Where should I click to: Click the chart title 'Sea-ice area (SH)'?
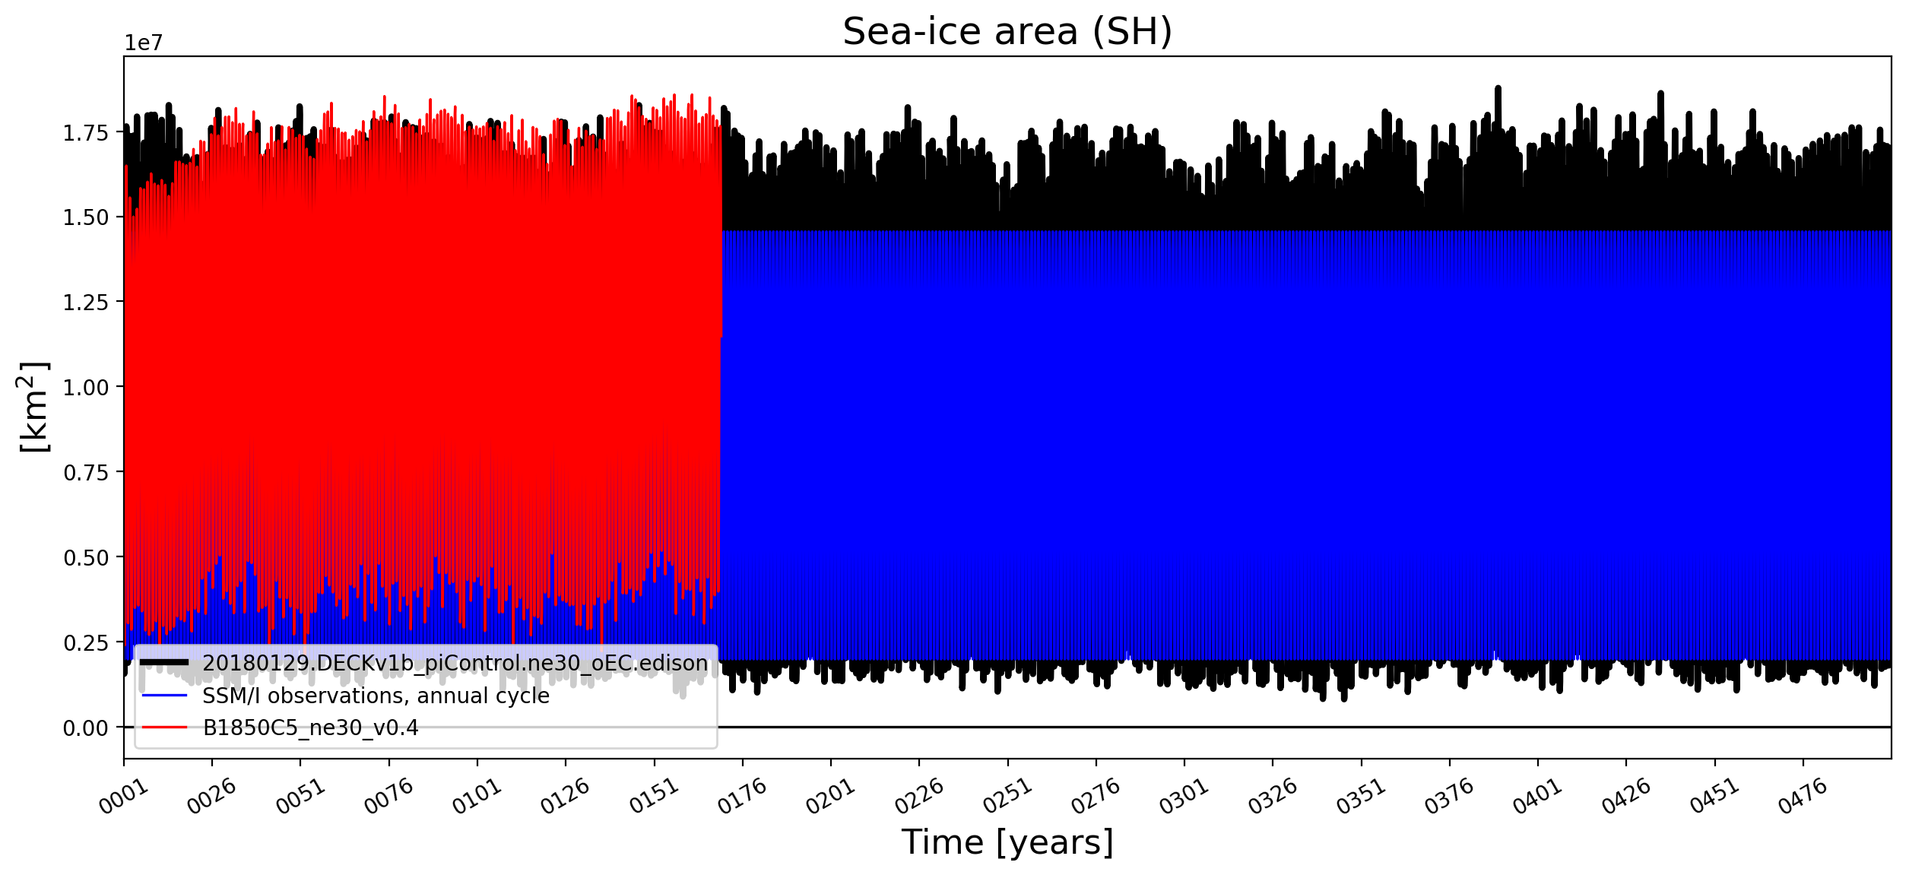click(x=1007, y=32)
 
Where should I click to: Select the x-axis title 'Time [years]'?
click(x=1007, y=842)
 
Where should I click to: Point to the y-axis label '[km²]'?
click(x=33, y=407)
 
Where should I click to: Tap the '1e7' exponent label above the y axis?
click(x=144, y=43)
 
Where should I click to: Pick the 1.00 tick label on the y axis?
click(x=86, y=388)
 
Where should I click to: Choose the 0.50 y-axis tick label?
click(x=86, y=558)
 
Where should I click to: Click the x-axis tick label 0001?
click(x=124, y=797)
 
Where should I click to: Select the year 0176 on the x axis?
click(x=742, y=797)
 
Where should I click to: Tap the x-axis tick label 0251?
click(x=1007, y=797)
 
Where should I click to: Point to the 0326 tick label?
click(x=1272, y=797)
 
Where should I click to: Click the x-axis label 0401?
click(x=1537, y=797)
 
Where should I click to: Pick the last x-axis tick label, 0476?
click(x=1802, y=797)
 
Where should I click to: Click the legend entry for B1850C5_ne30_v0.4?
click(x=310, y=728)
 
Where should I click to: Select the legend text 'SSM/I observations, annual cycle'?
click(x=376, y=696)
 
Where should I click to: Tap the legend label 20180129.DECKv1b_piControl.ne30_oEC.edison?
click(x=455, y=663)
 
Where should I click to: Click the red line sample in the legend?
click(x=164, y=728)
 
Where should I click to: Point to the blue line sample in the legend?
click(x=164, y=695)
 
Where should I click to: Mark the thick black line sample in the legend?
click(x=164, y=662)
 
